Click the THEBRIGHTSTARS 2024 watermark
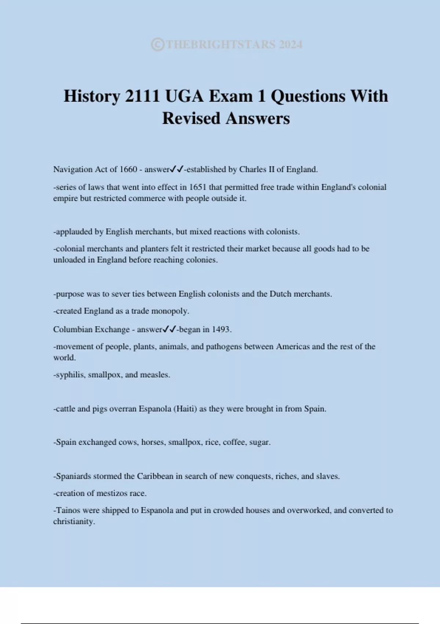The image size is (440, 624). point(227,45)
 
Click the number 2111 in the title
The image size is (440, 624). point(142,96)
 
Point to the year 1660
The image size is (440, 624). point(128,170)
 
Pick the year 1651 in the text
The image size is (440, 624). point(198,187)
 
